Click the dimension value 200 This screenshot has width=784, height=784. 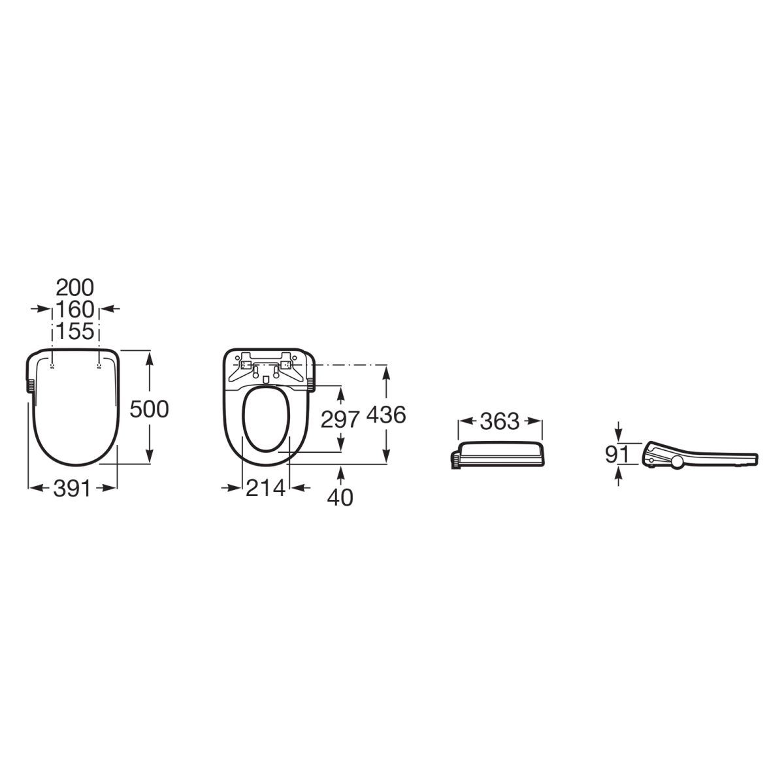75,287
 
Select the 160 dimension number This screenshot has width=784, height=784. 75,309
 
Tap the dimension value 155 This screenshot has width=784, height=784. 75,331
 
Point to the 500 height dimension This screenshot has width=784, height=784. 150,409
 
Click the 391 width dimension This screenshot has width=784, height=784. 72,488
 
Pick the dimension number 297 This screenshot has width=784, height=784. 340,419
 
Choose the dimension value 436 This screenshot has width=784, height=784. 386,415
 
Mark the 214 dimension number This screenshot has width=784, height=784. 265,488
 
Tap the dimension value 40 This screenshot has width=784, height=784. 340,497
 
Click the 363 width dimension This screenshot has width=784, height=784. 500,421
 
